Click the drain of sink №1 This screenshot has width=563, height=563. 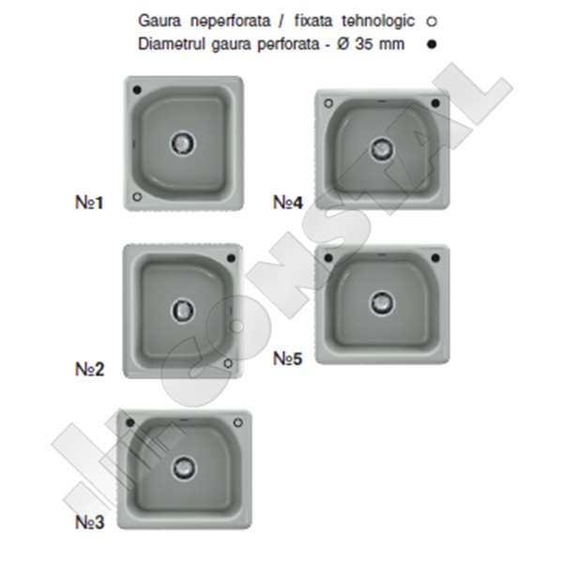(183, 143)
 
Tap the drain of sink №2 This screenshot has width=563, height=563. (183, 310)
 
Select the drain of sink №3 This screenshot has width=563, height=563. (185, 468)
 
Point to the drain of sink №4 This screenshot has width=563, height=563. (382, 148)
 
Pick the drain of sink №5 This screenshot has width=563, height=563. (381, 303)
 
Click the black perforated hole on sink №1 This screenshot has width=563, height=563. (137, 89)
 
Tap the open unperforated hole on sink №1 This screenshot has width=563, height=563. (137, 196)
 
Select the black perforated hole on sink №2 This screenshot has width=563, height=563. (232, 258)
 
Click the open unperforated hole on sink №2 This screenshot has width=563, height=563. (228, 363)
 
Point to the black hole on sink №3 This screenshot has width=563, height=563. (130, 422)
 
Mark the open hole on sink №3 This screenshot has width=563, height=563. (238, 422)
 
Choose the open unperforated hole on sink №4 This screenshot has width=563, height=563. (328, 103)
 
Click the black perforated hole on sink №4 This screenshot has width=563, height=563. (435, 103)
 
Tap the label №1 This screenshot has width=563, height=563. (89, 202)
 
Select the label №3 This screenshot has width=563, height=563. (90, 522)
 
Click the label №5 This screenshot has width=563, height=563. (288, 358)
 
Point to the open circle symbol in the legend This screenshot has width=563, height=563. (432, 22)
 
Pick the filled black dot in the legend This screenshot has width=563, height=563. (432, 44)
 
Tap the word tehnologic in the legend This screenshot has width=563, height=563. (378, 22)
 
